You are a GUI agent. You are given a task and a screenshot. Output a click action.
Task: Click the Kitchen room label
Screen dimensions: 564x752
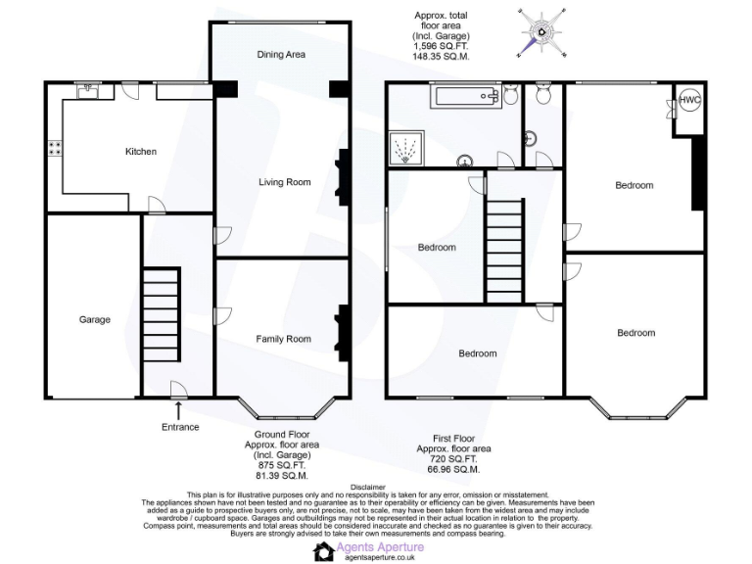[x=140, y=152]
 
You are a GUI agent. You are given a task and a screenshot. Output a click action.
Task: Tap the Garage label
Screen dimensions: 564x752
[x=95, y=319]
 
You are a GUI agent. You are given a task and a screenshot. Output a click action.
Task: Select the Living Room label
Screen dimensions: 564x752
[x=284, y=182]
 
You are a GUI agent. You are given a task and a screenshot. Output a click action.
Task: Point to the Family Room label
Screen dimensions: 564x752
[x=283, y=339]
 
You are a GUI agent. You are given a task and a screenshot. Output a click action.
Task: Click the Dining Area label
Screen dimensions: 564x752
[x=281, y=55]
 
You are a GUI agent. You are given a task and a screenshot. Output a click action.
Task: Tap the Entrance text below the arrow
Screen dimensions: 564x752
[x=180, y=427]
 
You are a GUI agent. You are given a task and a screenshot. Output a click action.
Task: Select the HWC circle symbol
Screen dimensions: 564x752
[x=689, y=100]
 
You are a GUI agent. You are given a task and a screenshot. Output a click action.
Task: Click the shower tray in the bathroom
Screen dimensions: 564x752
[x=406, y=150]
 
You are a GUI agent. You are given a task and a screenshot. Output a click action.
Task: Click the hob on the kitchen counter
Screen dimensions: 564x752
[x=55, y=149]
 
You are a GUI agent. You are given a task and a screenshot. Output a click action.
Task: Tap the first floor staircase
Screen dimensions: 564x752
[x=505, y=250]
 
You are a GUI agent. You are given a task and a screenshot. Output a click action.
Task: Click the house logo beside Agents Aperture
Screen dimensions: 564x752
[x=324, y=551]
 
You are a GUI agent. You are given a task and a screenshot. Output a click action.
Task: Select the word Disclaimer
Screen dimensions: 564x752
[x=377, y=487]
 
